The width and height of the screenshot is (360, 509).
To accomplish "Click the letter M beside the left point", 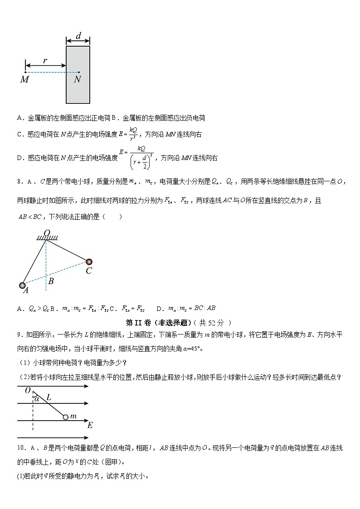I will tap(24, 80).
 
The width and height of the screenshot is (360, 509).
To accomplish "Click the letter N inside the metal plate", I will tap(78, 80).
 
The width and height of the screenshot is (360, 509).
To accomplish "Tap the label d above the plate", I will tap(78, 36).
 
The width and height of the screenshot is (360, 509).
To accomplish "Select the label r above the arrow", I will tap(45, 60).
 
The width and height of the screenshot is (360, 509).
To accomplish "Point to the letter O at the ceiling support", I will tap(46, 233).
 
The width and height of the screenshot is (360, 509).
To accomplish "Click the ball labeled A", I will tap(23, 286).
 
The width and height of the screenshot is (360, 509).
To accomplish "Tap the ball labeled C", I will tap(89, 262).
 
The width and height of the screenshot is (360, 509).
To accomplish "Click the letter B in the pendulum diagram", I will tap(51, 281).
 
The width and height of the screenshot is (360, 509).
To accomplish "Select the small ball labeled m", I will tap(66, 417).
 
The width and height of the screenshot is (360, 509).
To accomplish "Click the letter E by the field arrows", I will tap(90, 425).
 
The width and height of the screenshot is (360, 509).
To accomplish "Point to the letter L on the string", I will tap(49, 398).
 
